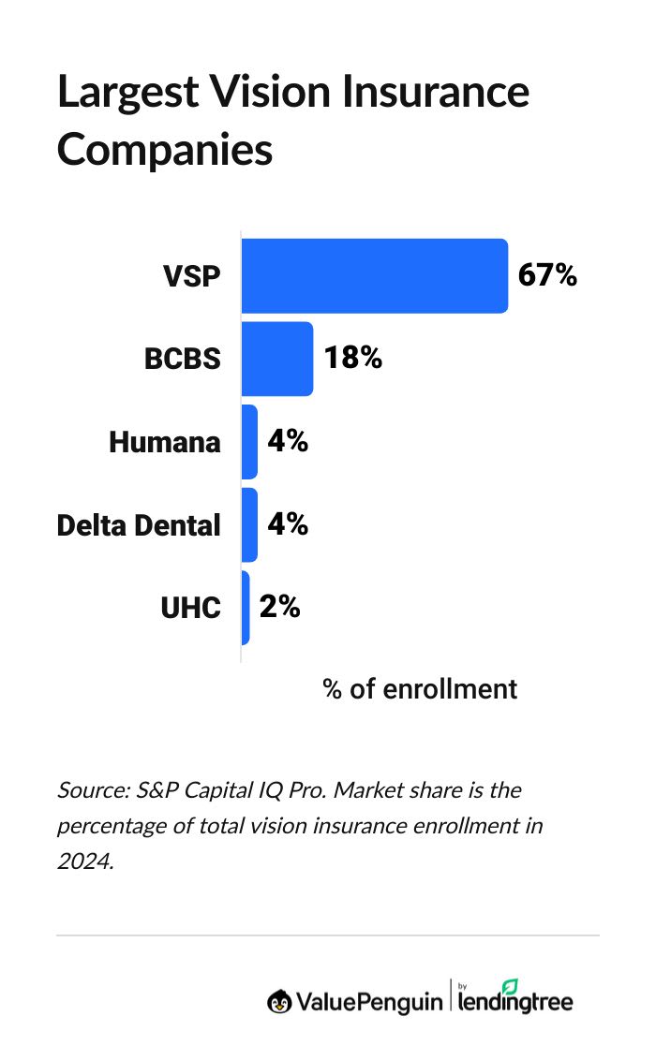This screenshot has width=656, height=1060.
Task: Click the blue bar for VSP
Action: click(375, 275)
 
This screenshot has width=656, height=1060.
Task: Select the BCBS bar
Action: click(277, 358)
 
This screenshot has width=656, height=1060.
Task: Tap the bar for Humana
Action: click(249, 441)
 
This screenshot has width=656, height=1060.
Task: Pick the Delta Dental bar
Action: click(249, 524)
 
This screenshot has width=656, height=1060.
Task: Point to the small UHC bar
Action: click(246, 608)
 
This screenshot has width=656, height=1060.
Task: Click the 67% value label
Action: click(547, 275)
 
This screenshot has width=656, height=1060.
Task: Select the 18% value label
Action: click(352, 358)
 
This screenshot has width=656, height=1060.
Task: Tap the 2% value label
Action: click(279, 607)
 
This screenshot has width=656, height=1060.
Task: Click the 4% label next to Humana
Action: click(288, 441)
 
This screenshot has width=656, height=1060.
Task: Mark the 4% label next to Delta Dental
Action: click(288, 524)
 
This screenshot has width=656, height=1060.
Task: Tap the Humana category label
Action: click(165, 442)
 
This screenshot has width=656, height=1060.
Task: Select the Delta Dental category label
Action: click(139, 525)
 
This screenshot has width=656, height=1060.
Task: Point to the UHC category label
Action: click(190, 609)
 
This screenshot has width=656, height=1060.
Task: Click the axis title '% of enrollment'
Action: click(420, 689)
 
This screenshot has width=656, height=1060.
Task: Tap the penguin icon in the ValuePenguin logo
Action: click(278, 1001)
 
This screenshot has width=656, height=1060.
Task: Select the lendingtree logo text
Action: click(515, 1001)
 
